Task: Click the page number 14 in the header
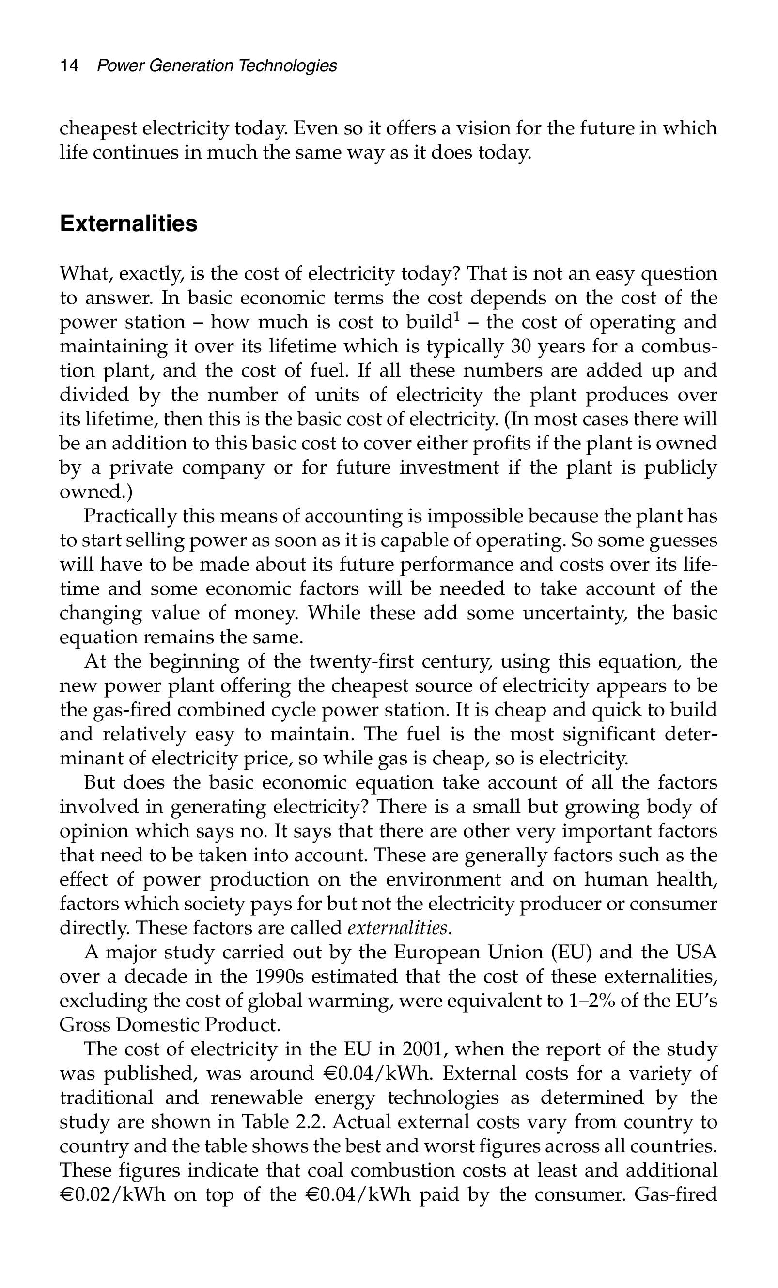click(x=69, y=66)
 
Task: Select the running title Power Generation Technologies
click(x=217, y=66)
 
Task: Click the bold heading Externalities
click(x=128, y=224)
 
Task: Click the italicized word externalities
click(x=397, y=928)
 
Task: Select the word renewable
click(x=262, y=1097)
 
